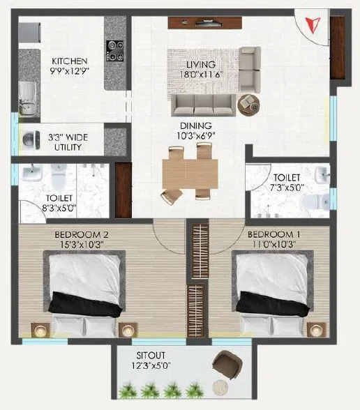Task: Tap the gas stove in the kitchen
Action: click(115, 50)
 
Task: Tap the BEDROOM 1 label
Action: click(271, 235)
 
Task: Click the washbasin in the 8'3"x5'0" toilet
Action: click(31, 174)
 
